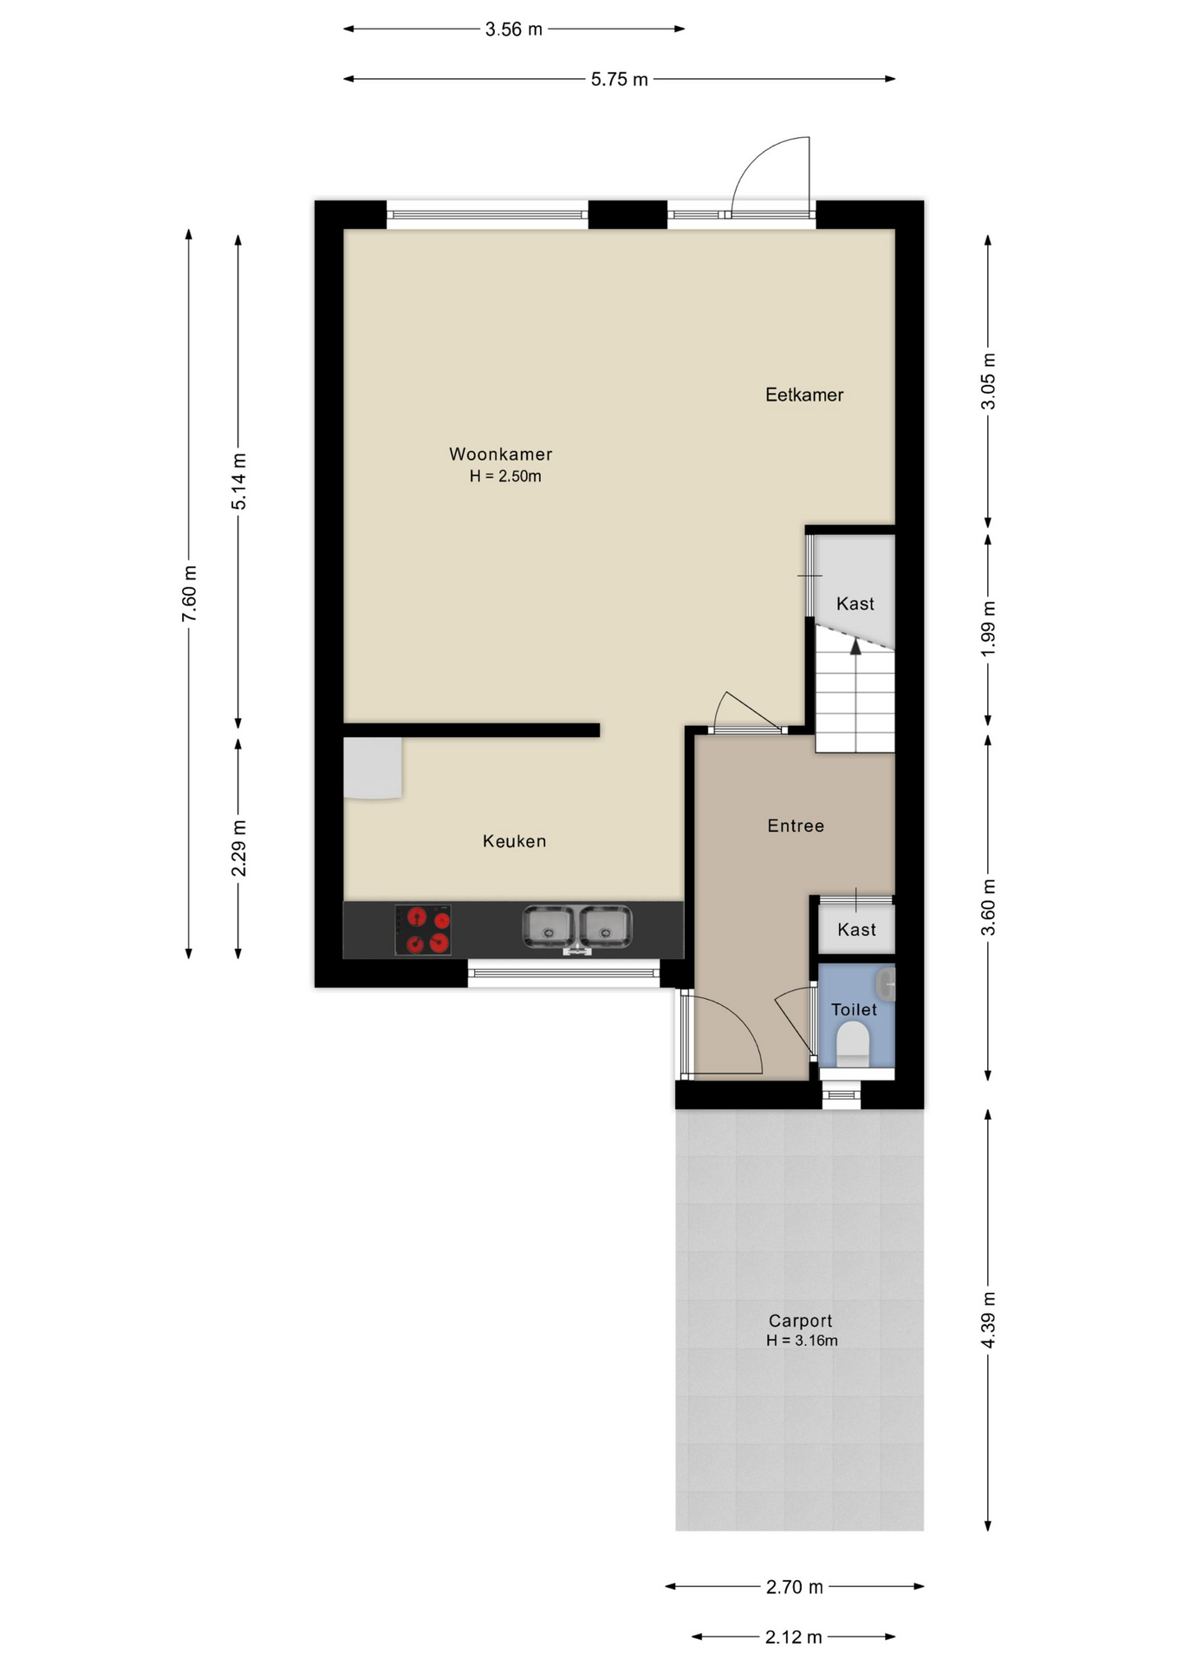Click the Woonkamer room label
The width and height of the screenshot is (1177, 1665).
point(500,454)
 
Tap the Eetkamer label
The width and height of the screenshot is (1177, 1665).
point(804,395)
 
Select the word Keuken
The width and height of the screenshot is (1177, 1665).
point(514,841)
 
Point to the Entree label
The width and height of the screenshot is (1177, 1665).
point(796,826)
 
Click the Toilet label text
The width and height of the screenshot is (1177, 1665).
point(854,1009)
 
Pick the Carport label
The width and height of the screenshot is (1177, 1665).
point(800,1321)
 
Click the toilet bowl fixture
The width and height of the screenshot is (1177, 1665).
point(853,1043)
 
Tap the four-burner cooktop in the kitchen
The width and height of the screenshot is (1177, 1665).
point(423,930)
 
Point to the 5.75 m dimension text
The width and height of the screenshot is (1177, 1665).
point(620,80)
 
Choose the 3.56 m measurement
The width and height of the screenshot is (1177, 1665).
point(514,29)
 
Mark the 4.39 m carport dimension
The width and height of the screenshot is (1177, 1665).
point(989,1320)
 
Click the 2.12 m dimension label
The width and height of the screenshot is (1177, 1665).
point(793,1637)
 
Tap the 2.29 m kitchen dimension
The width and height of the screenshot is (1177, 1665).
point(239,847)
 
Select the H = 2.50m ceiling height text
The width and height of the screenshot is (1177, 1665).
point(505,476)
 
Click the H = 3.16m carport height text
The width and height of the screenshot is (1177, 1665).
point(802,1341)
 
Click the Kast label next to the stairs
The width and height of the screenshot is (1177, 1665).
point(855,604)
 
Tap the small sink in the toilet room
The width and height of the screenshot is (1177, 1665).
point(886,985)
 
